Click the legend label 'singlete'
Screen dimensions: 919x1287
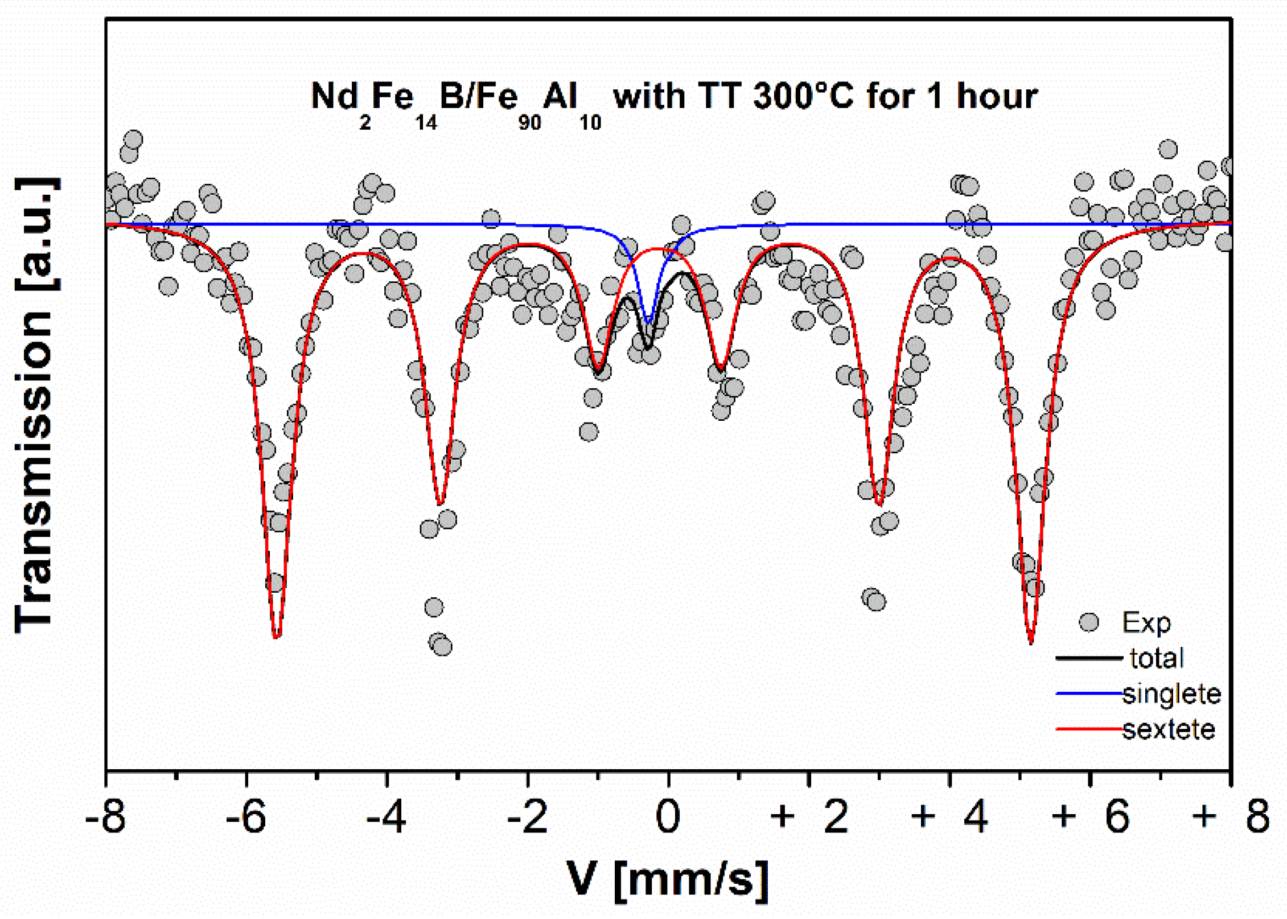coord(1171,694)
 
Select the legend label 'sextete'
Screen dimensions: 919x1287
coord(1169,729)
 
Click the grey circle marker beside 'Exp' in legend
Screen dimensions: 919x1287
coord(1088,622)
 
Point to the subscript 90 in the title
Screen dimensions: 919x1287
coord(529,122)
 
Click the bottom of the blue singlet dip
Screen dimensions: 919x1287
coord(647,322)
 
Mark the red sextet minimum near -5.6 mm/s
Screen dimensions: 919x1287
coord(276,637)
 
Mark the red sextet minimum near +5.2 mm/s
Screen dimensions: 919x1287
coord(1031,642)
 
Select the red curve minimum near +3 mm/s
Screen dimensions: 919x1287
coord(879,504)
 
